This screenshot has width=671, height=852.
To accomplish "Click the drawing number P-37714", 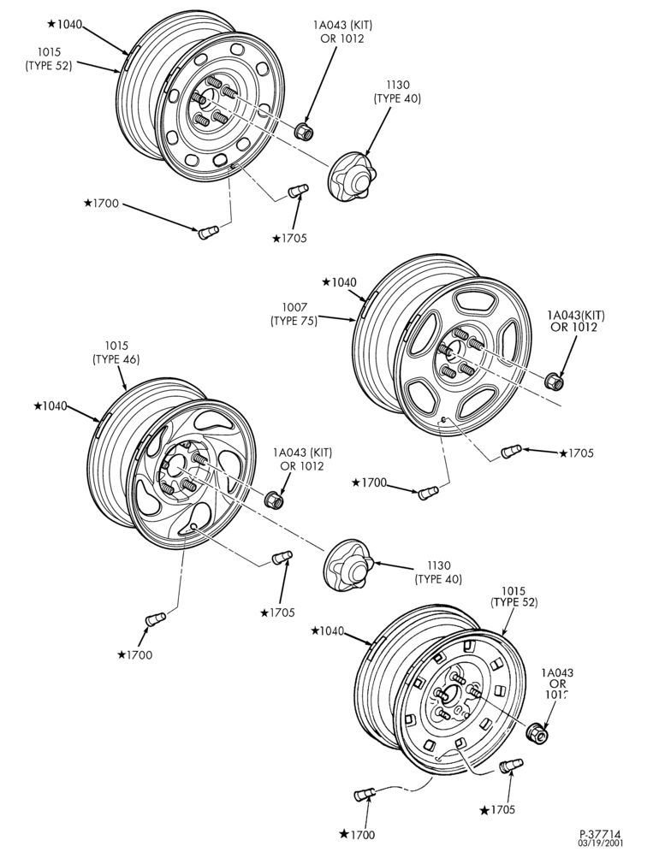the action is (x=600, y=833).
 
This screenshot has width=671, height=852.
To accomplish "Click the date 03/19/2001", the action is (x=600, y=843).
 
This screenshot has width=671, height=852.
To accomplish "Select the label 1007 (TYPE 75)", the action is (x=294, y=314).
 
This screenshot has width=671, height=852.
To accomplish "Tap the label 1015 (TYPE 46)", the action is (x=116, y=352).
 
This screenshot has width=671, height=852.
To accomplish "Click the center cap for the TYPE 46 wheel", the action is (x=348, y=565).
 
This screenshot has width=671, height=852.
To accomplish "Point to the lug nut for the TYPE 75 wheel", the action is (x=554, y=380).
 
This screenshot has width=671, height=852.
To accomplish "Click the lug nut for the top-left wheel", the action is (x=303, y=132).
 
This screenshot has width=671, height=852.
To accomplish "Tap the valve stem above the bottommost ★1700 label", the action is (x=364, y=795).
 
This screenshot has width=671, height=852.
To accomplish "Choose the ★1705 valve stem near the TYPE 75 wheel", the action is (x=511, y=451).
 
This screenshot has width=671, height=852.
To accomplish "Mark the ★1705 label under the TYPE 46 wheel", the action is (x=277, y=612).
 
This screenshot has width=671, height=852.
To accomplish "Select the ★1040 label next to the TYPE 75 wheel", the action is (x=339, y=282).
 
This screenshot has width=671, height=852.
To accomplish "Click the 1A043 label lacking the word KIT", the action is (x=557, y=683).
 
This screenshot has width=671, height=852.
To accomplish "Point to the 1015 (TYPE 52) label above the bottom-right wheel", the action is (x=514, y=596).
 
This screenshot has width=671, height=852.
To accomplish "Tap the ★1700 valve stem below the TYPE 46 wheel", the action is (x=156, y=618).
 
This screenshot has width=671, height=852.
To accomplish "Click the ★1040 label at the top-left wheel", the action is (x=65, y=24).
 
